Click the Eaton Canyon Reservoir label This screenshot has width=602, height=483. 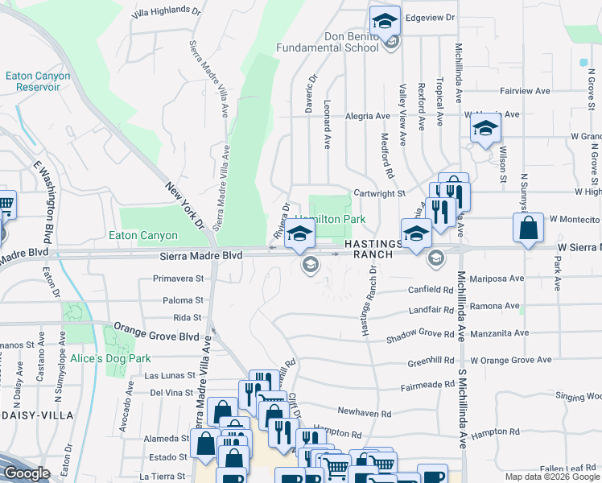coord(38,81)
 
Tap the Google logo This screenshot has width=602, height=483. coord(27,473)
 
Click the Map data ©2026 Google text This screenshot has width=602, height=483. coord(552,477)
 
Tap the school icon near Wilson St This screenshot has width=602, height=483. coord(484,129)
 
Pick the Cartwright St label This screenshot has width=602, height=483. coord(378,193)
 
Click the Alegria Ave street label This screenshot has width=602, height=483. coord(367,116)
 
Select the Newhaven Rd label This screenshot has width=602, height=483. coord(364,412)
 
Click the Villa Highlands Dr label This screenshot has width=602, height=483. coord(167,10)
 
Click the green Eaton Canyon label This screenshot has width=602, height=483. coord(142,236)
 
